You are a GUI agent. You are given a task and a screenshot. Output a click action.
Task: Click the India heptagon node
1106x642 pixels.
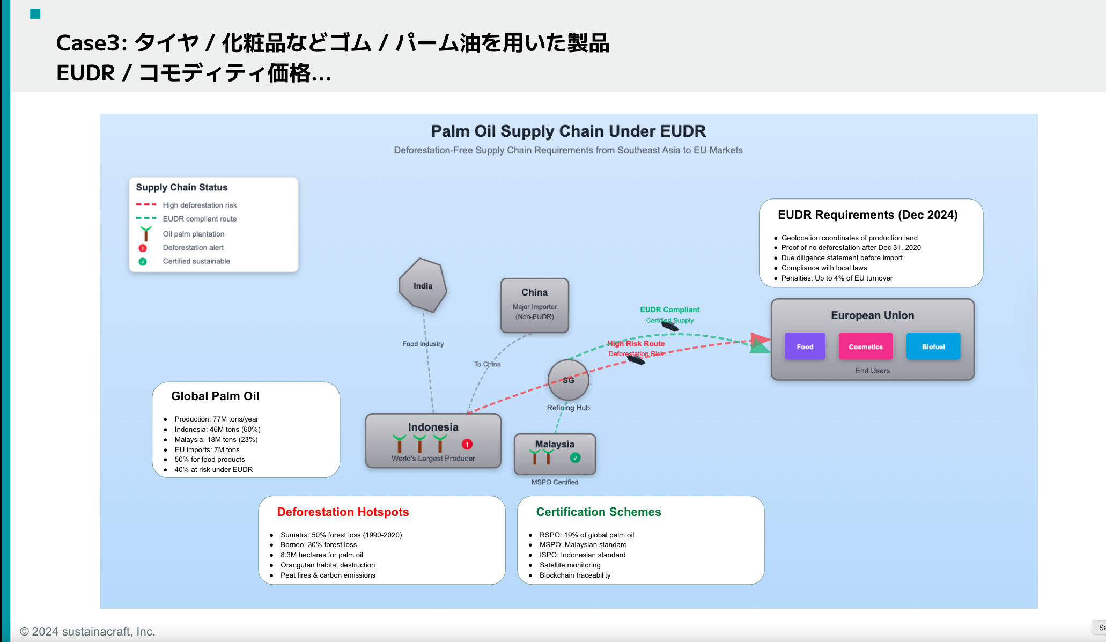[423, 286]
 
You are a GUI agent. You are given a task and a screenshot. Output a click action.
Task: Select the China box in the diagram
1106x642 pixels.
[534, 305]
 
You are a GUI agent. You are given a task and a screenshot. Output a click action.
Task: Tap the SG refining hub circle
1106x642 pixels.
[568, 380]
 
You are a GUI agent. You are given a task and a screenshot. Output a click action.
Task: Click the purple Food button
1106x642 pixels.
[805, 346]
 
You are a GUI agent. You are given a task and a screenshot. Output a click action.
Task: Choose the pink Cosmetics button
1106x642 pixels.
[865, 346]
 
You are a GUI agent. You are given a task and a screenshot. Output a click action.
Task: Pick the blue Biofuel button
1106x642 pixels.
[933, 346]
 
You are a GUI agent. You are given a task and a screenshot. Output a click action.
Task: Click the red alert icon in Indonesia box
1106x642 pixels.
[467, 444]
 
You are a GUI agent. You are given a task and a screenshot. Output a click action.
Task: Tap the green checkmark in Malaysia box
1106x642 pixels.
[575, 457]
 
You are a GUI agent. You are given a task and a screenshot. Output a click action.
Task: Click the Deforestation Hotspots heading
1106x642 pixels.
[343, 512]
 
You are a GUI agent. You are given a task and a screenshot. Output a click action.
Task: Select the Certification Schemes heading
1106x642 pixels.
[598, 512]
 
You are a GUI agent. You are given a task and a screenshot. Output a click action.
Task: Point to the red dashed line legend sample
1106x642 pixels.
[146, 204]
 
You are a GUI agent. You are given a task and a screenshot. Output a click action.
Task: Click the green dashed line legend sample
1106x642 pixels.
[146, 218]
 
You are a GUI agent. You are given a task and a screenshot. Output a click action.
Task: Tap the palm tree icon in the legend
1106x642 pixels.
[145, 233]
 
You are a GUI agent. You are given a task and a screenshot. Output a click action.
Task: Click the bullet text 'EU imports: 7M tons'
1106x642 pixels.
[207, 449]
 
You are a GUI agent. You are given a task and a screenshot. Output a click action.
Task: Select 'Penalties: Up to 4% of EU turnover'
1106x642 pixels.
[836, 278]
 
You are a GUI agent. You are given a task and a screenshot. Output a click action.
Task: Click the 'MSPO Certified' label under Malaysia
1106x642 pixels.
[555, 482]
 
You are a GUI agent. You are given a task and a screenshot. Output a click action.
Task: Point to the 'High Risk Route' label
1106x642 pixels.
[636, 343]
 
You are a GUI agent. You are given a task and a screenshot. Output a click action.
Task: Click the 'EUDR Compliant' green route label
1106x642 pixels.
[669, 309]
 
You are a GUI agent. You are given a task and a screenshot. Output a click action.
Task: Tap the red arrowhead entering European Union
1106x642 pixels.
[760, 338]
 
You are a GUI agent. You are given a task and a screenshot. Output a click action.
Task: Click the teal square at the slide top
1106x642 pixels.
[35, 13]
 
